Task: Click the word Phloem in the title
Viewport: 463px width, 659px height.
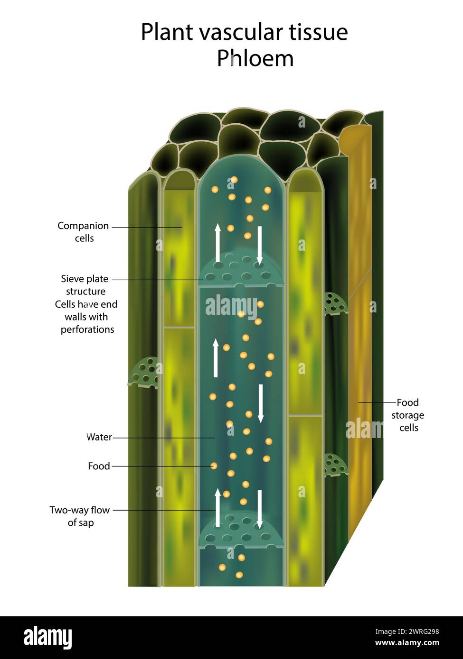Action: [x=255, y=58]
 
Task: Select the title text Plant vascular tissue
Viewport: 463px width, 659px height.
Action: [x=244, y=32]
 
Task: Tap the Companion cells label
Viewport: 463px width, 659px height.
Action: [x=83, y=232]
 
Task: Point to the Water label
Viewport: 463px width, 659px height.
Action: [x=99, y=437]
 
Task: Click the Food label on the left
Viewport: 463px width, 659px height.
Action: [x=99, y=466]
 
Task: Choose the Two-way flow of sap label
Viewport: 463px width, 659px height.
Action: [x=80, y=516]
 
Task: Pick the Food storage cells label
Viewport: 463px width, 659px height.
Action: [x=408, y=415]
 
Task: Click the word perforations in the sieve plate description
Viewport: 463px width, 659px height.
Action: [x=87, y=329]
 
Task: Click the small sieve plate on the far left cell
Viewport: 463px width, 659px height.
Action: [x=144, y=373]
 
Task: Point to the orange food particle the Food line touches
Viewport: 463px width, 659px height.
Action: [x=214, y=466]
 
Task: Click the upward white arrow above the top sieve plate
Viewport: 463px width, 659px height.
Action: [x=217, y=243]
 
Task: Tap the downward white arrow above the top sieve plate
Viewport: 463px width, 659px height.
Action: [x=260, y=245]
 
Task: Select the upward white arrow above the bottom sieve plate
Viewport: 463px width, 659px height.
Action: [x=217, y=508]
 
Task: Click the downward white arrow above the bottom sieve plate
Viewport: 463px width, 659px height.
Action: [x=260, y=509]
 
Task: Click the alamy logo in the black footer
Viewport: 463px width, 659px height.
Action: [x=48, y=638]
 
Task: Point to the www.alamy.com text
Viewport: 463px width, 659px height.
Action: [x=407, y=643]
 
